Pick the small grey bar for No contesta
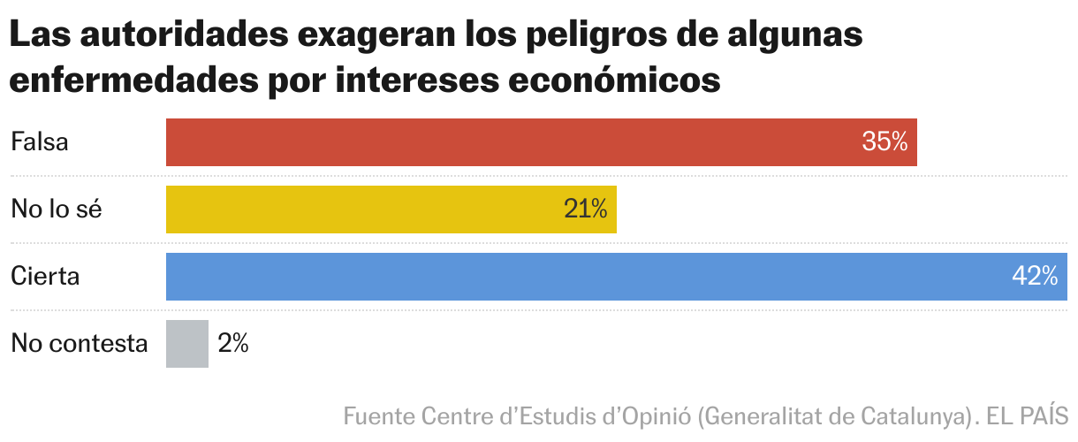(187, 344)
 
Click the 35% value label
(884, 142)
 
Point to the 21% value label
(585, 210)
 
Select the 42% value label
(1035, 277)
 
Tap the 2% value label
(233, 344)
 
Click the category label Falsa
(40, 142)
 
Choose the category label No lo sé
(57, 210)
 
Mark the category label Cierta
(45, 277)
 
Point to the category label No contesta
(79, 344)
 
